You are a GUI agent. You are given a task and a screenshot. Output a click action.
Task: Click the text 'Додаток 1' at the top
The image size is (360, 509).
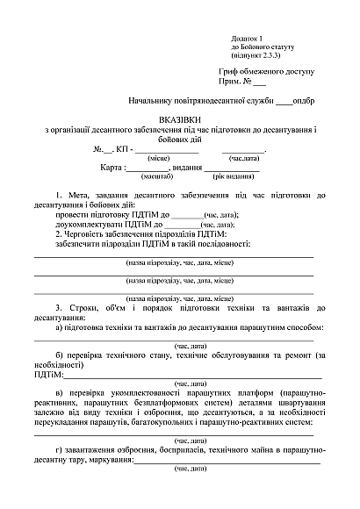[247, 39]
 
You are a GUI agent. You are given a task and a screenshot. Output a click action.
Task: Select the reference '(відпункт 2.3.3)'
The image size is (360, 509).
[256, 54]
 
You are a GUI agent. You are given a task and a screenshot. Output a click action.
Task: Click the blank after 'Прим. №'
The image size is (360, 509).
[259, 83]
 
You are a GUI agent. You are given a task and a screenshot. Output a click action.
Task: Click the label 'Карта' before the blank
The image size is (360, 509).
[112, 167]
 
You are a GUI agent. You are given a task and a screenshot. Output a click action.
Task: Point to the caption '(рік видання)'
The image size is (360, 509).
[209, 177]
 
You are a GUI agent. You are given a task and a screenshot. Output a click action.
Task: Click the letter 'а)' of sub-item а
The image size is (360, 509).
[58, 327]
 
